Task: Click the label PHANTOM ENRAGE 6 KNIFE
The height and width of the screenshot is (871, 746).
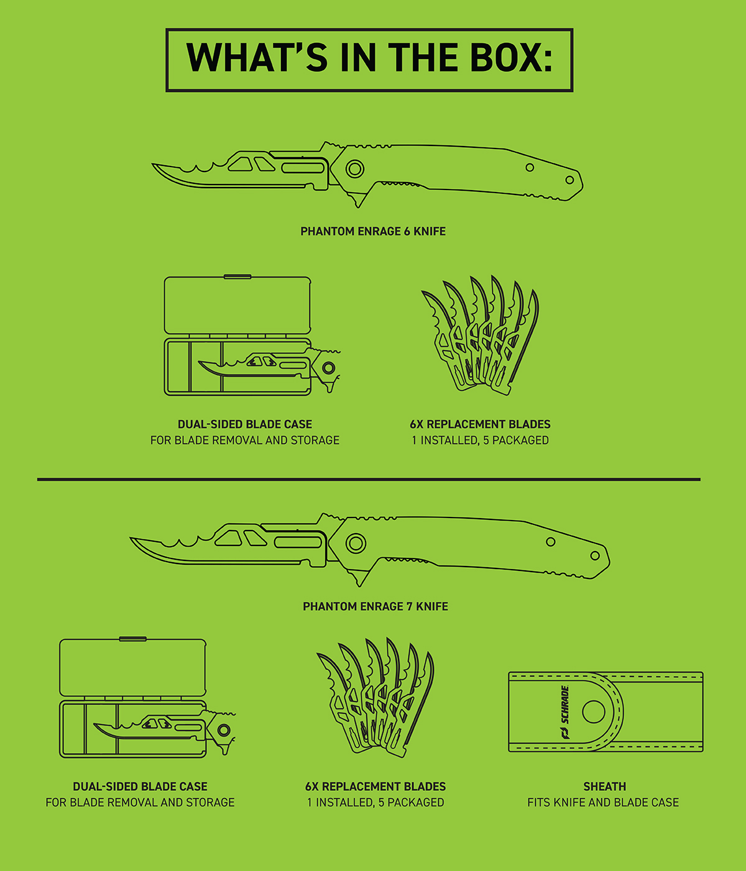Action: (373, 231)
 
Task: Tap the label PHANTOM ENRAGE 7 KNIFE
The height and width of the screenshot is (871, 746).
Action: (375, 606)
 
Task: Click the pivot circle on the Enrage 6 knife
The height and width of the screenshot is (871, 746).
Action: (354, 169)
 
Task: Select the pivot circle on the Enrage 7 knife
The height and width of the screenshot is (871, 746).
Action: (356, 544)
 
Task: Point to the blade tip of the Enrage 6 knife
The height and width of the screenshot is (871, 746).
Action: (153, 165)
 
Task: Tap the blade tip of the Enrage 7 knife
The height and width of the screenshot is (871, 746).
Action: (131, 538)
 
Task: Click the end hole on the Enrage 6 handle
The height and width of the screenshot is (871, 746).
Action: (569, 180)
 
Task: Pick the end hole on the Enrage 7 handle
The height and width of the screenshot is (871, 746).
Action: (595, 555)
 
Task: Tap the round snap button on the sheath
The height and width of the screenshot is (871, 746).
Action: (593, 712)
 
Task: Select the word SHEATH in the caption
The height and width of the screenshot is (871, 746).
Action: (605, 787)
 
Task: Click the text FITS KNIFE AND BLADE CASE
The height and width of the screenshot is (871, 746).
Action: (603, 802)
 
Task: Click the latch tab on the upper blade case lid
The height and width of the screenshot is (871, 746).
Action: (237, 277)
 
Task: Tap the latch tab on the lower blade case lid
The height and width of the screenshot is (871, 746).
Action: (133, 639)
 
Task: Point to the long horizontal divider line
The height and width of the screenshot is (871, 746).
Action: (369, 480)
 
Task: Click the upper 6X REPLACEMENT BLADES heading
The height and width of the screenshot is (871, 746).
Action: (481, 424)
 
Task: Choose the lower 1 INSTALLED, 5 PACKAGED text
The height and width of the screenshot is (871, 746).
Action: (375, 802)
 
